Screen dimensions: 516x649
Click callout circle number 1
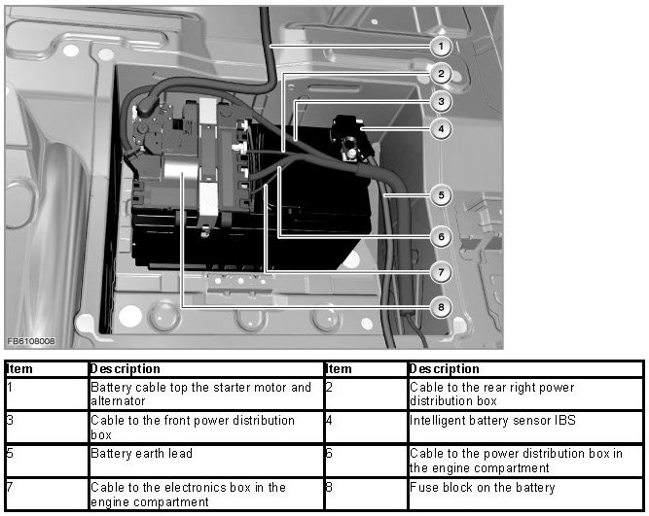click(440, 46)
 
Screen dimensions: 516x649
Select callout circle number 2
click(440, 74)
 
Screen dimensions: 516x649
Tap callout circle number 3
click(440, 101)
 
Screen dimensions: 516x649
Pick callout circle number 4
click(440, 127)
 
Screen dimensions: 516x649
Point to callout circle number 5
click(440, 195)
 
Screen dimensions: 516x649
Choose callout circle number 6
click(440, 236)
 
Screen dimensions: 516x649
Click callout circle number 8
click(440, 307)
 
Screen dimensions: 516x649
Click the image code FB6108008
click(30, 341)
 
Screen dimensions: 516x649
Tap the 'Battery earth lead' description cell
click(141, 453)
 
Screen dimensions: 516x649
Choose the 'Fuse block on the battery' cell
click(482, 487)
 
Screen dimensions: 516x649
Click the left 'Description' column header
click(125, 369)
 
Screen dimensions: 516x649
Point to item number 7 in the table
click(10, 487)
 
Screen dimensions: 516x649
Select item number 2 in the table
click(329, 387)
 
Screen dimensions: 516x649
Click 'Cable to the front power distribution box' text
click(192, 427)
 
